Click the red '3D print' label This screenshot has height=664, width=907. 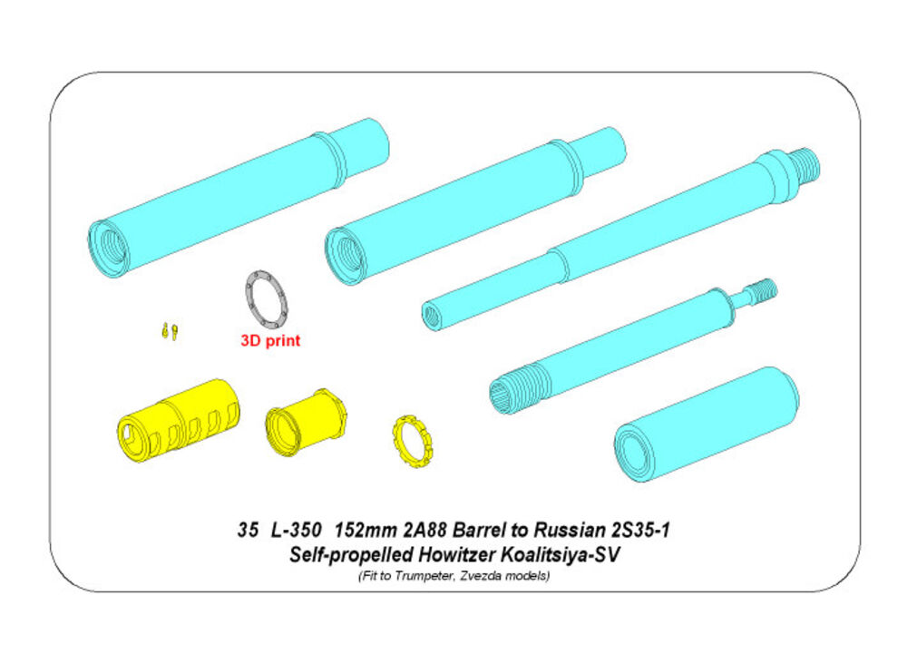tap(270, 341)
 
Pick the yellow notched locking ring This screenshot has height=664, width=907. tap(413, 442)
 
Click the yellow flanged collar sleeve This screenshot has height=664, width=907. tap(306, 421)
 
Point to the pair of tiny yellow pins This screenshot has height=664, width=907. tap(170, 331)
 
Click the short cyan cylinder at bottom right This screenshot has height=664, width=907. tap(707, 424)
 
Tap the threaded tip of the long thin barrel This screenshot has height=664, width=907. tap(805, 162)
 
